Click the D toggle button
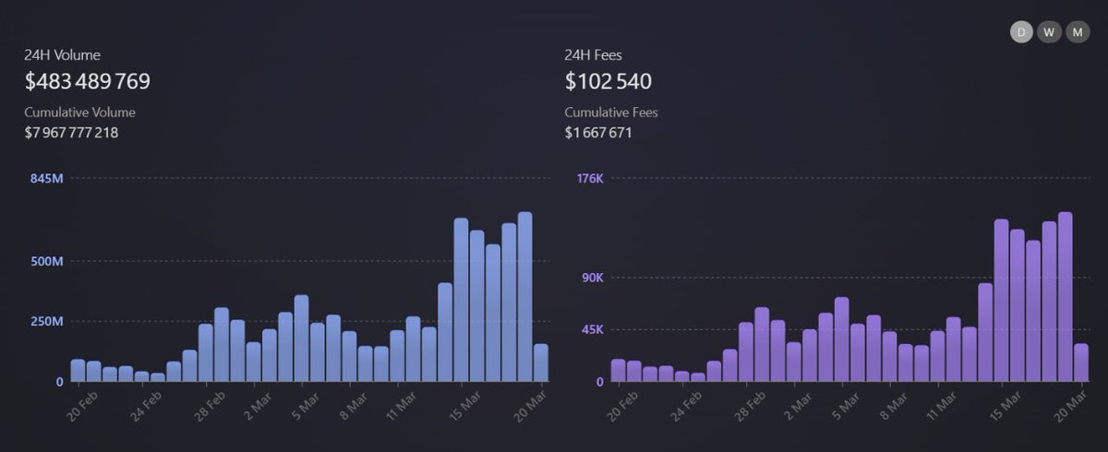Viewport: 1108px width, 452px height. [x=1021, y=32]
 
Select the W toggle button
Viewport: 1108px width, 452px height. [x=1049, y=32]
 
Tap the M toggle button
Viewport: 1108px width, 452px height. [x=1078, y=32]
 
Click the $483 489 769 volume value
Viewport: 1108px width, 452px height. [x=88, y=81]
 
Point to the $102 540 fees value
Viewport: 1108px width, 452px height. [x=608, y=81]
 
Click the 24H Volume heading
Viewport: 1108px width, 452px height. [x=63, y=55]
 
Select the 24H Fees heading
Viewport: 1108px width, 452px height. [x=594, y=55]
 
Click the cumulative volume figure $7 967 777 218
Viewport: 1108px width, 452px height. [x=71, y=133]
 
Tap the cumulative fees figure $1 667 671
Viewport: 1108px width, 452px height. [x=598, y=133]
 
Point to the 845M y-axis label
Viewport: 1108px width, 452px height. [x=46, y=178]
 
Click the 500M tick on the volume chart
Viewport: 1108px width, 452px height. [x=46, y=261]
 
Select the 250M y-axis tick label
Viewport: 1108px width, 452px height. [x=46, y=321]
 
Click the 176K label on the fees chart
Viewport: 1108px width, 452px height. [x=589, y=178]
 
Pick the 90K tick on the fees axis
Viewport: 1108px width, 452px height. [x=591, y=278]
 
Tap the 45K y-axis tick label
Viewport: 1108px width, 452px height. [x=591, y=329]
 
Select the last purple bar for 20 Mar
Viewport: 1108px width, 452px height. [x=1080, y=363]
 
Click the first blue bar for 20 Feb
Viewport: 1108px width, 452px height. [x=78, y=370]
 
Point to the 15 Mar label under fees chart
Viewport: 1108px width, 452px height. [x=1005, y=404]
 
